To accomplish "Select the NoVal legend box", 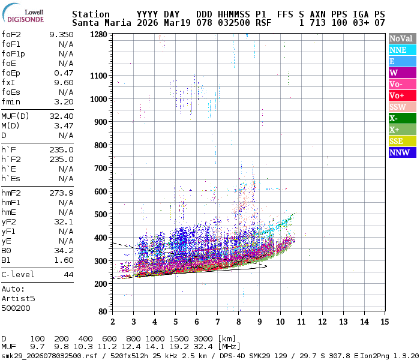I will pos(401,38).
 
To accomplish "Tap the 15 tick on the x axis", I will pos(384,322).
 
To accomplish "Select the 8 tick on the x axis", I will pos(238,322).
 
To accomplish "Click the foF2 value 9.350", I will pos(61,35).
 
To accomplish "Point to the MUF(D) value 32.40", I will pos(61,116).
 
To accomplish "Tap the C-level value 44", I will pos(68,274).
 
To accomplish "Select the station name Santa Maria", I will pos(97,23).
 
